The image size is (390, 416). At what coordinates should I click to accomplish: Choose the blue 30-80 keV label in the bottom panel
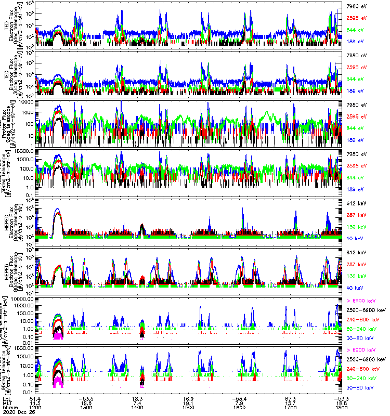point(360,388)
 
